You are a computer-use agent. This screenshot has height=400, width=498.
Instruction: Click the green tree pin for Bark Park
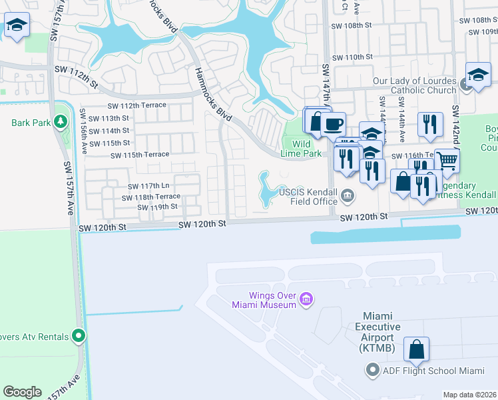pyautogui.click(x=61, y=122)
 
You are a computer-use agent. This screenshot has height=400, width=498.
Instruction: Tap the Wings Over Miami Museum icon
pyautogui.click(x=306, y=298)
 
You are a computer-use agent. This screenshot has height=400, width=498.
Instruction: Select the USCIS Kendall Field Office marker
pyautogui.click(x=347, y=195)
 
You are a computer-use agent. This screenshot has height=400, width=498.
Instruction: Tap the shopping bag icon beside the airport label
pyautogui.click(x=416, y=349)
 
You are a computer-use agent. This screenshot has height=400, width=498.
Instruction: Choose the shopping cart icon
pyautogui.click(x=447, y=161)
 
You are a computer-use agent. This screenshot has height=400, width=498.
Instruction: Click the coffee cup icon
pyautogui.click(x=332, y=123)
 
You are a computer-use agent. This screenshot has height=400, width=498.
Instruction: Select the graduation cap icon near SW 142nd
pyautogui.click(x=478, y=75)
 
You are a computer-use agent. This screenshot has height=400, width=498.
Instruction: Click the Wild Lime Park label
pyautogui.click(x=302, y=149)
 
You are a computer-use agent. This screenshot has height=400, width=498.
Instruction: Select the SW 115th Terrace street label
pyautogui.click(x=140, y=155)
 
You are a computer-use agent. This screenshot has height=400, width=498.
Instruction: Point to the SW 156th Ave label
pyautogui.click(x=83, y=122)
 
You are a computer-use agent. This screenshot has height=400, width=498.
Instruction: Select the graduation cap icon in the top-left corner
pyautogui.click(x=15, y=26)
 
